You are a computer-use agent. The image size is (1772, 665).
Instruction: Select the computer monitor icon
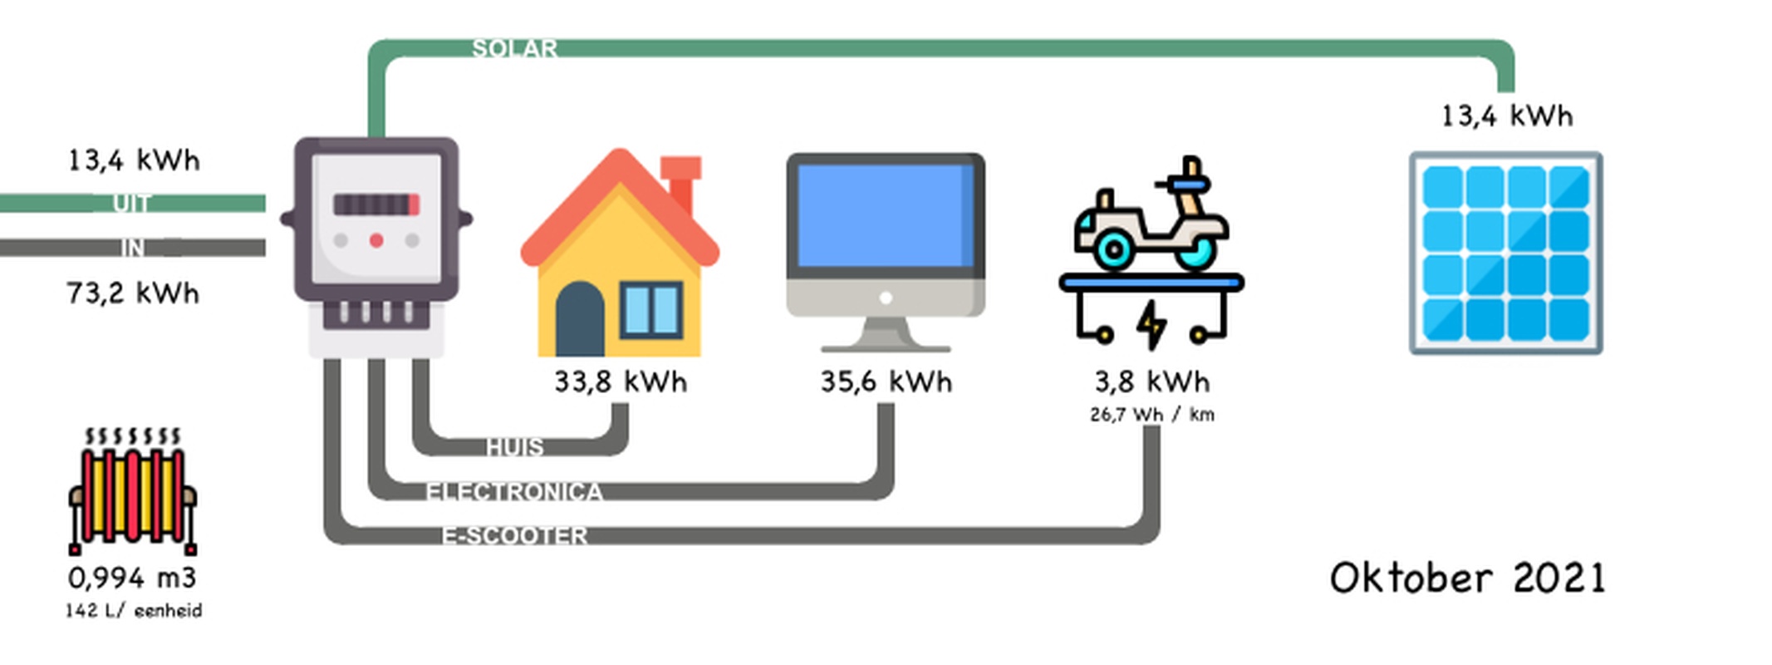pos(886,249)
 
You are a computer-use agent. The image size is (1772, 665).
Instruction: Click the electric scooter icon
pos(1151,249)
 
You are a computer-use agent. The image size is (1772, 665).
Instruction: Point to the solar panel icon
pos(1505,253)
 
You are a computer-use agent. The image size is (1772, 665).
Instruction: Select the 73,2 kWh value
pos(133,293)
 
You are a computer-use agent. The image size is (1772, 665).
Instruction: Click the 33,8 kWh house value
pos(621,382)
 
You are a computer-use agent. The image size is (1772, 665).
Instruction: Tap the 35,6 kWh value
pos(886,382)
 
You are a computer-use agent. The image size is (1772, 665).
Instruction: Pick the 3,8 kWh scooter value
pos(1151,382)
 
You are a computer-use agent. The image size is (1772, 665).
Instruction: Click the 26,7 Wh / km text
pos(1152,414)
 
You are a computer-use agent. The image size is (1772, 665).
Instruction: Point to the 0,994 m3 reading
pos(132,578)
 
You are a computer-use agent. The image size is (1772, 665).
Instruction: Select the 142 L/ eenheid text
pos(134,611)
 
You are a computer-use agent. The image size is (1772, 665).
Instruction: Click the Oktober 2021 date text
pos(1467,579)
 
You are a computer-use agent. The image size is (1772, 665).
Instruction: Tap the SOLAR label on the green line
pos(514,49)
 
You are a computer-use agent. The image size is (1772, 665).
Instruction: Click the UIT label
pos(132,203)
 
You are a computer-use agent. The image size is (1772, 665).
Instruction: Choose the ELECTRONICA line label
pos(514,492)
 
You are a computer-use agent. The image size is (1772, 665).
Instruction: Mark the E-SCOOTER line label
pos(514,535)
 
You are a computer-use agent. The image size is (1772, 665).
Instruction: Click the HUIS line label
pos(515,447)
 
